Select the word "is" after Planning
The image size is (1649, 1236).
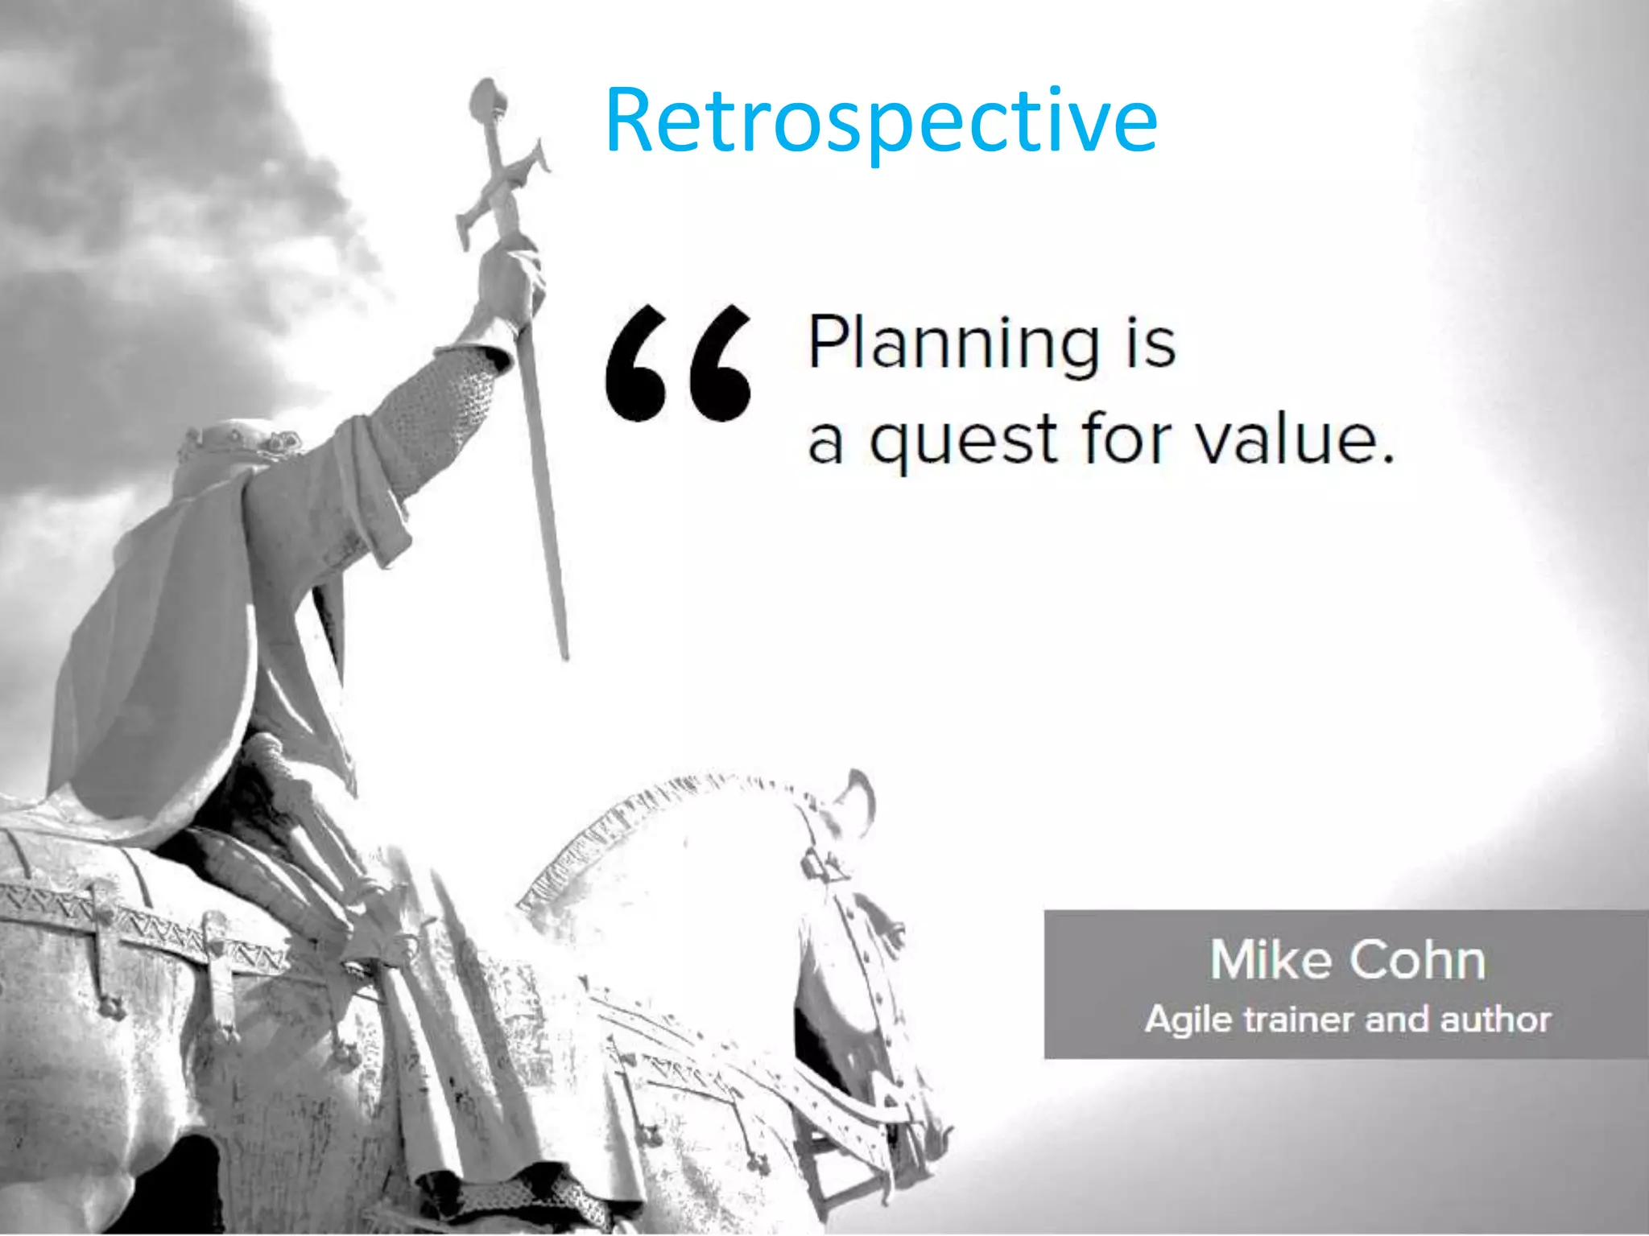1150,344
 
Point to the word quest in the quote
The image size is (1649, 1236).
963,441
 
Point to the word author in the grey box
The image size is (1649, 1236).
1496,1020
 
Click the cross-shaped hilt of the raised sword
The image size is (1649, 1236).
501,189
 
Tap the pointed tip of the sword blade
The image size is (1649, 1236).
564,652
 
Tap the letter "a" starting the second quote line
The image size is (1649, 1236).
825,443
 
